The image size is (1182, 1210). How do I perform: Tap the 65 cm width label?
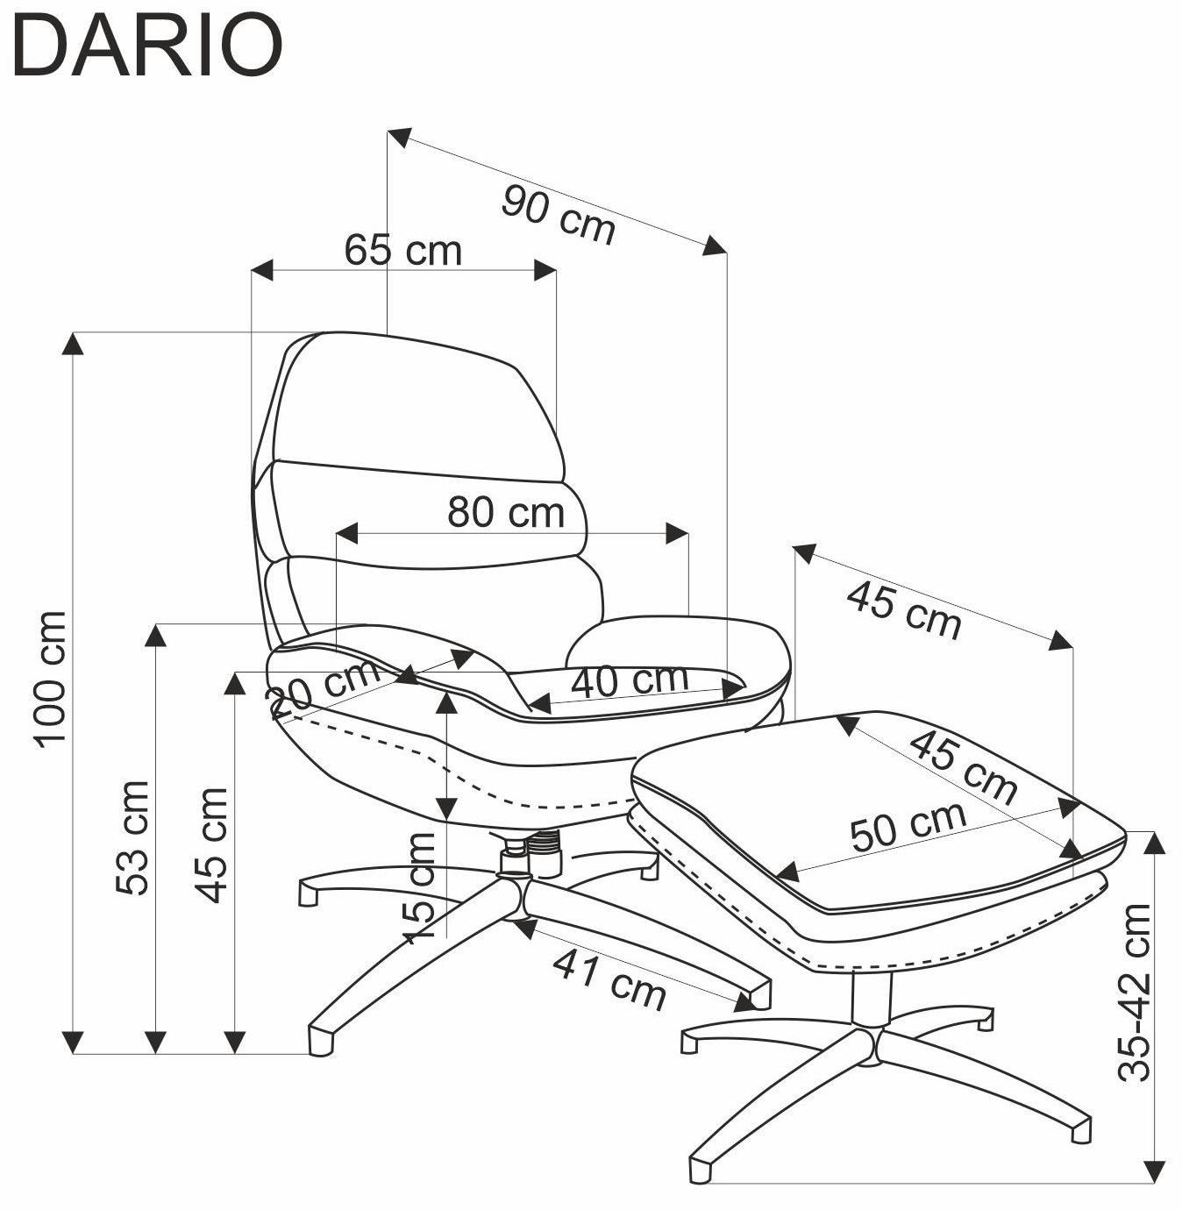(402, 250)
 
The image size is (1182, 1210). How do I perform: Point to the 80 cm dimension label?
(505, 512)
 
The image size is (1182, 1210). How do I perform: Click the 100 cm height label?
(52, 679)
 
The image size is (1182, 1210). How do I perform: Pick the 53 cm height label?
(132, 837)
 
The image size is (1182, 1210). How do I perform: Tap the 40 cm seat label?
(630, 680)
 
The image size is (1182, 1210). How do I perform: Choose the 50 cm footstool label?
(908, 826)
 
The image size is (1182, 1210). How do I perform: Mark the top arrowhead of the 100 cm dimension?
(73, 344)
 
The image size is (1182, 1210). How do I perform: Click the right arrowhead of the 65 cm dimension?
(545, 270)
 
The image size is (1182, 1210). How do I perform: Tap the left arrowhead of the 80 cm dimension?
(347, 533)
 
